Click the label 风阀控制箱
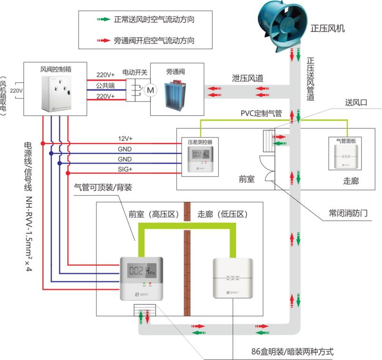point(56,69)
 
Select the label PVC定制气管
point(261,114)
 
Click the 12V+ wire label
point(126,139)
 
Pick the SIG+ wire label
point(126,169)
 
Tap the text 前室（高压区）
point(154,214)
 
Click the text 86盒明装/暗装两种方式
point(293,352)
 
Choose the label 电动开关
point(135,72)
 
